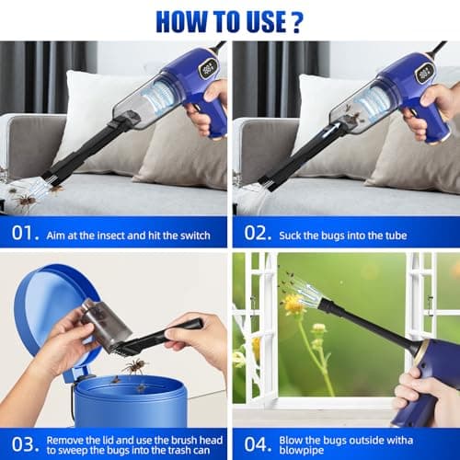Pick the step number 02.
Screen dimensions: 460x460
point(254,235)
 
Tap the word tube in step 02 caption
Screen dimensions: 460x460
point(378,236)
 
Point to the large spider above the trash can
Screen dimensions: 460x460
point(135,366)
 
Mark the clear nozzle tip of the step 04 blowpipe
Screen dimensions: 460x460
point(297,293)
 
